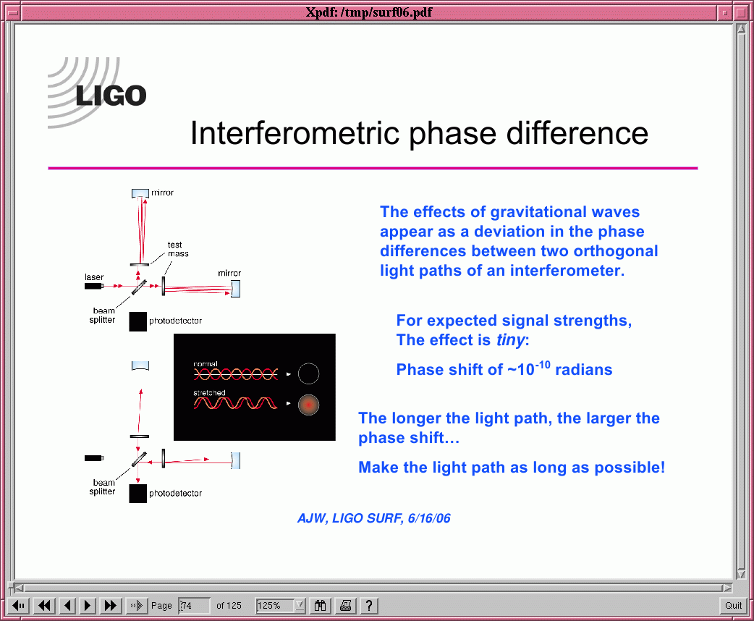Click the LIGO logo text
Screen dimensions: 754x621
coord(111,96)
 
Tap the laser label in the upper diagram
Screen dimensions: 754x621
coord(94,277)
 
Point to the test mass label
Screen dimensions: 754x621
coord(177,249)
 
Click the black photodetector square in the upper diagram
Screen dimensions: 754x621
coord(137,322)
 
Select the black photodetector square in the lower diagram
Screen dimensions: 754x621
coord(137,494)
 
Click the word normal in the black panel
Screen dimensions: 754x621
coord(206,364)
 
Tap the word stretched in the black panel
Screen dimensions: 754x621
coord(209,393)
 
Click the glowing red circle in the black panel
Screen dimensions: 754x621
coord(308,405)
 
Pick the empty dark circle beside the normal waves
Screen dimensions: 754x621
coord(308,373)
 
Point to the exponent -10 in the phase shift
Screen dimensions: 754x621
coord(543,365)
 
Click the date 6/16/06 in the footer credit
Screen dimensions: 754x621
coord(429,518)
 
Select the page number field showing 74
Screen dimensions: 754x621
coord(194,606)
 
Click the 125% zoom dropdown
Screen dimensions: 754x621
coord(280,606)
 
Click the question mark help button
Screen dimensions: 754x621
coord(369,606)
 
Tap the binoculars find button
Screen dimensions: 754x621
coord(320,606)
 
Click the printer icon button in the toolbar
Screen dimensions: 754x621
coord(345,606)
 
